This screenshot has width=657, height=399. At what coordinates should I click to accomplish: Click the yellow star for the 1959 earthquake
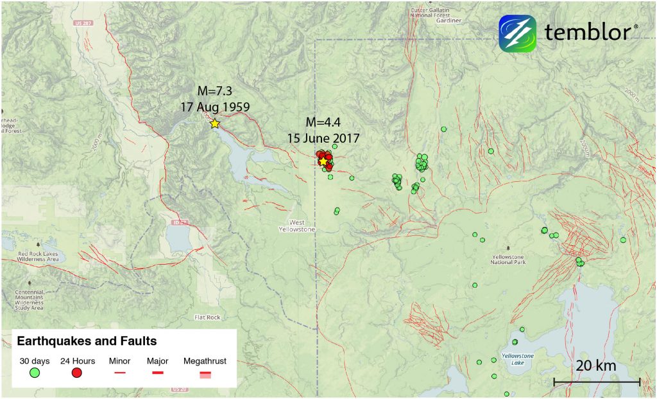point(214,123)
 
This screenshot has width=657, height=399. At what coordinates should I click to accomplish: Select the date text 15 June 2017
point(323,137)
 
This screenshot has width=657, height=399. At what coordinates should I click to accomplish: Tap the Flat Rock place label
point(207,317)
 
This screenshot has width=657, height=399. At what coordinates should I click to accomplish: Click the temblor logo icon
point(517,33)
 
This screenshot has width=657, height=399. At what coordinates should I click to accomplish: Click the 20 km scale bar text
point(596,366)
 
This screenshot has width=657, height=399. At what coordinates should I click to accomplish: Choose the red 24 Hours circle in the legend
point(77,373)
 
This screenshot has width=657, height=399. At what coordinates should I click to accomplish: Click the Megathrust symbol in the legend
point(205,373)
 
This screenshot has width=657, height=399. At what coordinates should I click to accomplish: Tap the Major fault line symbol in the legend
point(158,372)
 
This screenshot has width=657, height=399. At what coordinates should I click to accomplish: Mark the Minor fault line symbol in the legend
point(119,372)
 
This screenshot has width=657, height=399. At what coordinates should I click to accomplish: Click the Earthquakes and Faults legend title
point(87,341)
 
